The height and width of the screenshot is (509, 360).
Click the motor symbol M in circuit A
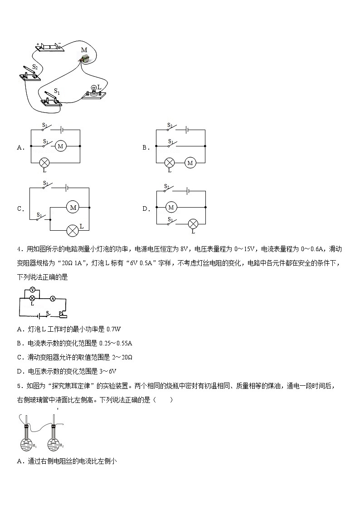coord(61,146)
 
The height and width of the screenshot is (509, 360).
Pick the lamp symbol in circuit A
coord(44,162)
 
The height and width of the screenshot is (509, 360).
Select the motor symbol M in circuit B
coord(190,163)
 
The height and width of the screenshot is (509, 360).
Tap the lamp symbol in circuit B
coord(170,163)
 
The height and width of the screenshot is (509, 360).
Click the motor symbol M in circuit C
coord(73,207)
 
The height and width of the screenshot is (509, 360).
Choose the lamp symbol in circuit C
coord(73,230)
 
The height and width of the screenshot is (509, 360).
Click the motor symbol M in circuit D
coord(171,207)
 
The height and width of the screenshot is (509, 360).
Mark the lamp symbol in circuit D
coord(193,223)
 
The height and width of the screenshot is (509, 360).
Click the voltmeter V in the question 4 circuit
coord(32,290)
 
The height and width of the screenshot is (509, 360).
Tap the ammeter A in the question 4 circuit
coord(53,298)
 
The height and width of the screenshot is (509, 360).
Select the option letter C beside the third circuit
coord(19,209)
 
